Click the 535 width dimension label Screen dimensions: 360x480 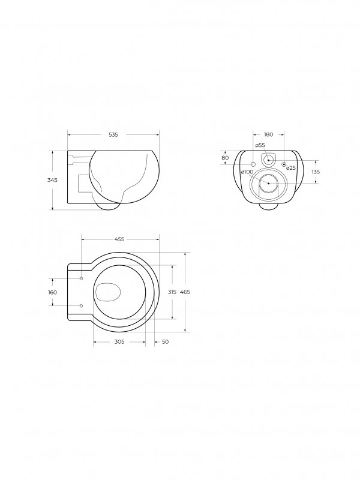point(113,134)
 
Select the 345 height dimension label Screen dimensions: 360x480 point(52,180)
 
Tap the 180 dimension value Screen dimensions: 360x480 point(268,134)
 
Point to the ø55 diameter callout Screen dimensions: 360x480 point(260,145)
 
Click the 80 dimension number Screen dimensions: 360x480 point(225,158)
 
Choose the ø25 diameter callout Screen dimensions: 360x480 point(291,168)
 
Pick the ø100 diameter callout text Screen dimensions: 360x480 point(247,172)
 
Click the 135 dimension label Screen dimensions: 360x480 point(316,172)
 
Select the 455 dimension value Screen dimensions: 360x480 point(119,239)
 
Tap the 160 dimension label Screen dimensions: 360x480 point(52,292)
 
